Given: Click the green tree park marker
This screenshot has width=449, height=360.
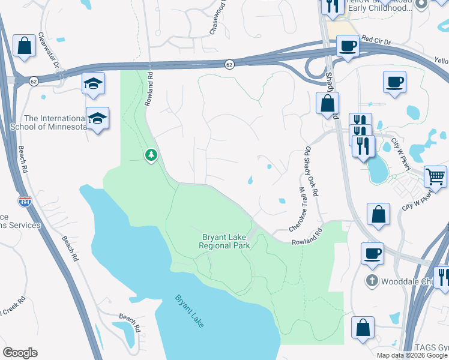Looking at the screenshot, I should (151, 155).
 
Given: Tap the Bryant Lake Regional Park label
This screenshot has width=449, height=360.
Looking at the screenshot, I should (224, 241).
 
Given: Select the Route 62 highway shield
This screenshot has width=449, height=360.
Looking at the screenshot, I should (229, 64).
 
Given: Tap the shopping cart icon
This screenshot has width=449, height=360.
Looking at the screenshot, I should (436, 176).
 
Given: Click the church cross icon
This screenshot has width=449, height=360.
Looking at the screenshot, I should (372, 280).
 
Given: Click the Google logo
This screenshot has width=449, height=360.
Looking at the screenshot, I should (20, 353).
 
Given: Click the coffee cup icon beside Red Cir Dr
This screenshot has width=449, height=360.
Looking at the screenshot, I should (348, 45).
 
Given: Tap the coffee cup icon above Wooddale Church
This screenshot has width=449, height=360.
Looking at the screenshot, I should (372, 253).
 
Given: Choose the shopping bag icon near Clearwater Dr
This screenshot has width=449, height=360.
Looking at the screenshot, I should (24, 45).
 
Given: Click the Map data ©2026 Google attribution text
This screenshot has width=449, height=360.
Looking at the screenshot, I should (412, 355).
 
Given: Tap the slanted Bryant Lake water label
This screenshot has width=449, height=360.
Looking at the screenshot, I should (190, 311).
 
